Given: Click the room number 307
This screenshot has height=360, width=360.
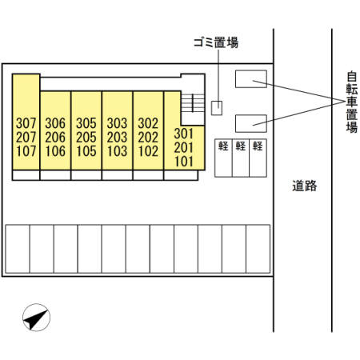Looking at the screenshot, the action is [26, 123].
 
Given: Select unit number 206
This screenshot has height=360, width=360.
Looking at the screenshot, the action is [55, 138].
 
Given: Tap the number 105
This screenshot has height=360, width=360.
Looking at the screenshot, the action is [86, 151].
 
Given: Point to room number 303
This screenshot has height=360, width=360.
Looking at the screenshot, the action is [117, 123].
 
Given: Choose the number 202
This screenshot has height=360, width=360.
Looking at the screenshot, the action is [148, 138].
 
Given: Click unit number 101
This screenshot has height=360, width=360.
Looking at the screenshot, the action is [184, 162].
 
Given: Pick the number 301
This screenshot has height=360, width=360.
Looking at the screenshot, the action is [184, 134].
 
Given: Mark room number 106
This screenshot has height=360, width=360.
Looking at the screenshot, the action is [55, 151].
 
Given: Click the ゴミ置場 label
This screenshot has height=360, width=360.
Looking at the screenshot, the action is [216, 42].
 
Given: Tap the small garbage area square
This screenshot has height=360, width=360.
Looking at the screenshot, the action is [217, 108].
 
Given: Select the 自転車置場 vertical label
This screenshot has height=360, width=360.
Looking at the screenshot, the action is [352, 102].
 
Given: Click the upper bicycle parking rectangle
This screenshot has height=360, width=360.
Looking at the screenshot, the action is [251, 78].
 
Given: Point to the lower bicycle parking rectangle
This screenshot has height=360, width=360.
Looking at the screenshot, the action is [251, 123].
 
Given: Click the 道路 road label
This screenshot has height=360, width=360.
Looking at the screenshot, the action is [305, 186].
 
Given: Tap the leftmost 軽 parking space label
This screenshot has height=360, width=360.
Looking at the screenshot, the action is [223, 146].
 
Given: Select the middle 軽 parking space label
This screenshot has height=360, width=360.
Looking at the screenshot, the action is [241, 146].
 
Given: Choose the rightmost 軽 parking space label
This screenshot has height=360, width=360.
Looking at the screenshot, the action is [258, 146].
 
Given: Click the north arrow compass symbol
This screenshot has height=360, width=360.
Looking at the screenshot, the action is [36, 318].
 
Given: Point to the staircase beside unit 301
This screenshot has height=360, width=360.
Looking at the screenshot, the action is [193, 103].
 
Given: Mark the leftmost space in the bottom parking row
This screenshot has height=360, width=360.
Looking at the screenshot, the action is [18, 249].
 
